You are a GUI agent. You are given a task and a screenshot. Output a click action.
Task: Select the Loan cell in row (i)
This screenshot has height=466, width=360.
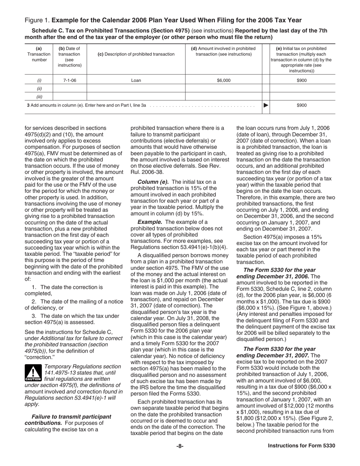coord(136,80)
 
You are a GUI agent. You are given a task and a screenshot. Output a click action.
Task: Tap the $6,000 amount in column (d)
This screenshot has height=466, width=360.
coord(224,80)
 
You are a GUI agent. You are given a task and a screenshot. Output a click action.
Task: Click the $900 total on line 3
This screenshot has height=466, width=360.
coord(302,106)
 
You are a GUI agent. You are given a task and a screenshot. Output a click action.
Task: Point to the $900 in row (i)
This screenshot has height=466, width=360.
coord(302,80)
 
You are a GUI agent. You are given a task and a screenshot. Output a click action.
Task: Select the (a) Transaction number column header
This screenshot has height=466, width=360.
coord(39,54)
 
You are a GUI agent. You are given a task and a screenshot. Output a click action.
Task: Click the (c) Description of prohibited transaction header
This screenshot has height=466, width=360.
coord(136,54)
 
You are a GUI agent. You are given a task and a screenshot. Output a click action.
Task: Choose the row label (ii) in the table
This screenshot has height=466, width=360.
coord(39,89)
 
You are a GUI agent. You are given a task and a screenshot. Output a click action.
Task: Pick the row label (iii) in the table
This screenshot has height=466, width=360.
coord(39,97)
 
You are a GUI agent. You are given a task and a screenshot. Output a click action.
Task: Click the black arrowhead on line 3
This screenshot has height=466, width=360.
coord(266,106)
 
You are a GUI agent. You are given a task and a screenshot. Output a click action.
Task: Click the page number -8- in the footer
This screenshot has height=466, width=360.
coord(180,446)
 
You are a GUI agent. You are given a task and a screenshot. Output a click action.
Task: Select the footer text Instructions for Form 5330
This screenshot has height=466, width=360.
coord(301,446)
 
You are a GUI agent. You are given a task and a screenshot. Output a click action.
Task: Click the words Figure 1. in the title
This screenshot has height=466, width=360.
coord(37,20)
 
